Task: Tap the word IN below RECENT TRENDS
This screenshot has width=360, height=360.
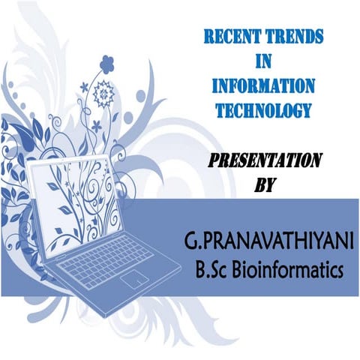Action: tap(262, 58)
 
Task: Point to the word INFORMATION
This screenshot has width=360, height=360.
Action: tap(262, 85)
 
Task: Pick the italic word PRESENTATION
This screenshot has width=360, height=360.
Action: tap(265, 160)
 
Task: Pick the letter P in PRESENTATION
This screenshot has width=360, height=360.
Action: tap(212, 160)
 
